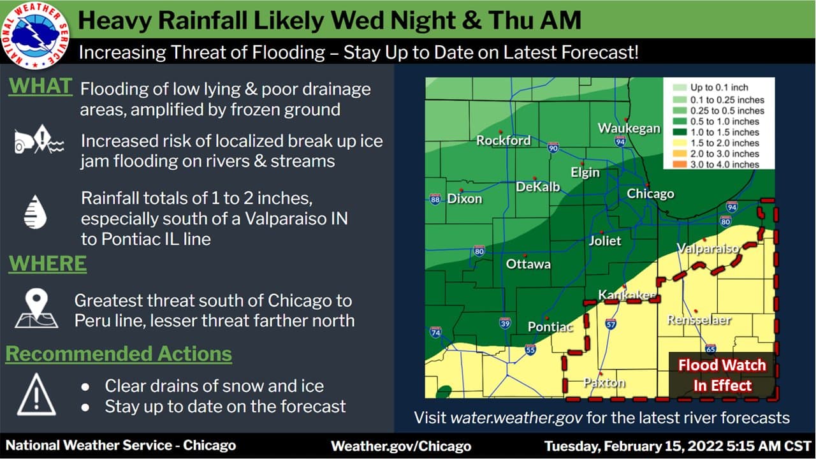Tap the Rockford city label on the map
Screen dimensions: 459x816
pos(504,140)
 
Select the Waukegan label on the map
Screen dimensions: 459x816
pos(629,128)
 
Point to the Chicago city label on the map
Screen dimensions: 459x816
pos(650,194)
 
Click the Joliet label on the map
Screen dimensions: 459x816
pos(604,241)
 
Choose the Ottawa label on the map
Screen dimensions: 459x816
pos(528,263)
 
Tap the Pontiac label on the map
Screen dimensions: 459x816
pos(550,327)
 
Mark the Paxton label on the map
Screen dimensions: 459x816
pos(604,382)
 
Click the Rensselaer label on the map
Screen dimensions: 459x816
pos(699,320)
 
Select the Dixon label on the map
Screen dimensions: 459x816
pos(465,198)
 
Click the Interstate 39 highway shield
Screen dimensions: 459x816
pos(504,323)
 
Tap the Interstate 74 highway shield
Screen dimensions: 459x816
pos(435,332)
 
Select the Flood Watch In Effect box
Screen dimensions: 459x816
pos(722,375)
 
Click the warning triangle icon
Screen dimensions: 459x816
pos(36,395)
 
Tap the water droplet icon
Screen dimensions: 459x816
pos(35,213)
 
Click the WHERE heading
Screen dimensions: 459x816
pos(48,264)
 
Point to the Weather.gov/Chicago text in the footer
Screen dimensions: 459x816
pos(401,446)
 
